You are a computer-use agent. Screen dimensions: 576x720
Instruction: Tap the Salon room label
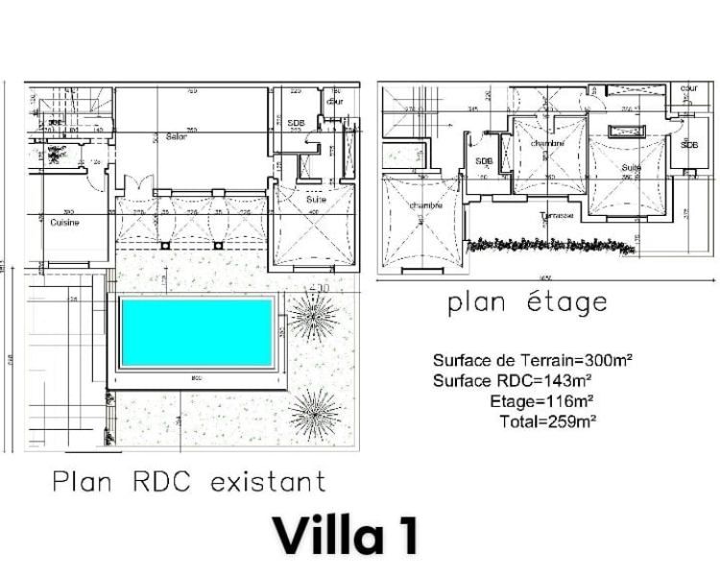(176, 137)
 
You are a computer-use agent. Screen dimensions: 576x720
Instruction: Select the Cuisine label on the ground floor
(64, 222)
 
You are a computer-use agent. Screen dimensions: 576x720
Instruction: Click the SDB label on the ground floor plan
(296, 123)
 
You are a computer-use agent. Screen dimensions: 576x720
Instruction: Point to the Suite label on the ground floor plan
(316, 200)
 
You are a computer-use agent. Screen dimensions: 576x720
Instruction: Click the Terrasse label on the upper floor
(557, 215)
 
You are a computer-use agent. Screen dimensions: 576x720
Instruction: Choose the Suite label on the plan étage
(630, 167)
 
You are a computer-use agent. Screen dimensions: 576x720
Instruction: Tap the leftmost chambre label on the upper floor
(425, 205)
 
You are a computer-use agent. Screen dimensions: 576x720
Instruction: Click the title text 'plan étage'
(527, 303)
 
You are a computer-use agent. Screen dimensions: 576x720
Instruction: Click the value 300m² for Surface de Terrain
(603, 361)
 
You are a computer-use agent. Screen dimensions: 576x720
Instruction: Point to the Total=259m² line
(547, 420)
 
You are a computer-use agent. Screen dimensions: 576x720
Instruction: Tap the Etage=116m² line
(540, 401)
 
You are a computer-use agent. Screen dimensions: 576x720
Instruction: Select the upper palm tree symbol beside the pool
(314, 313)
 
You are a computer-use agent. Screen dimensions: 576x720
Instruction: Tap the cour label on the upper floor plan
(688, 88)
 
